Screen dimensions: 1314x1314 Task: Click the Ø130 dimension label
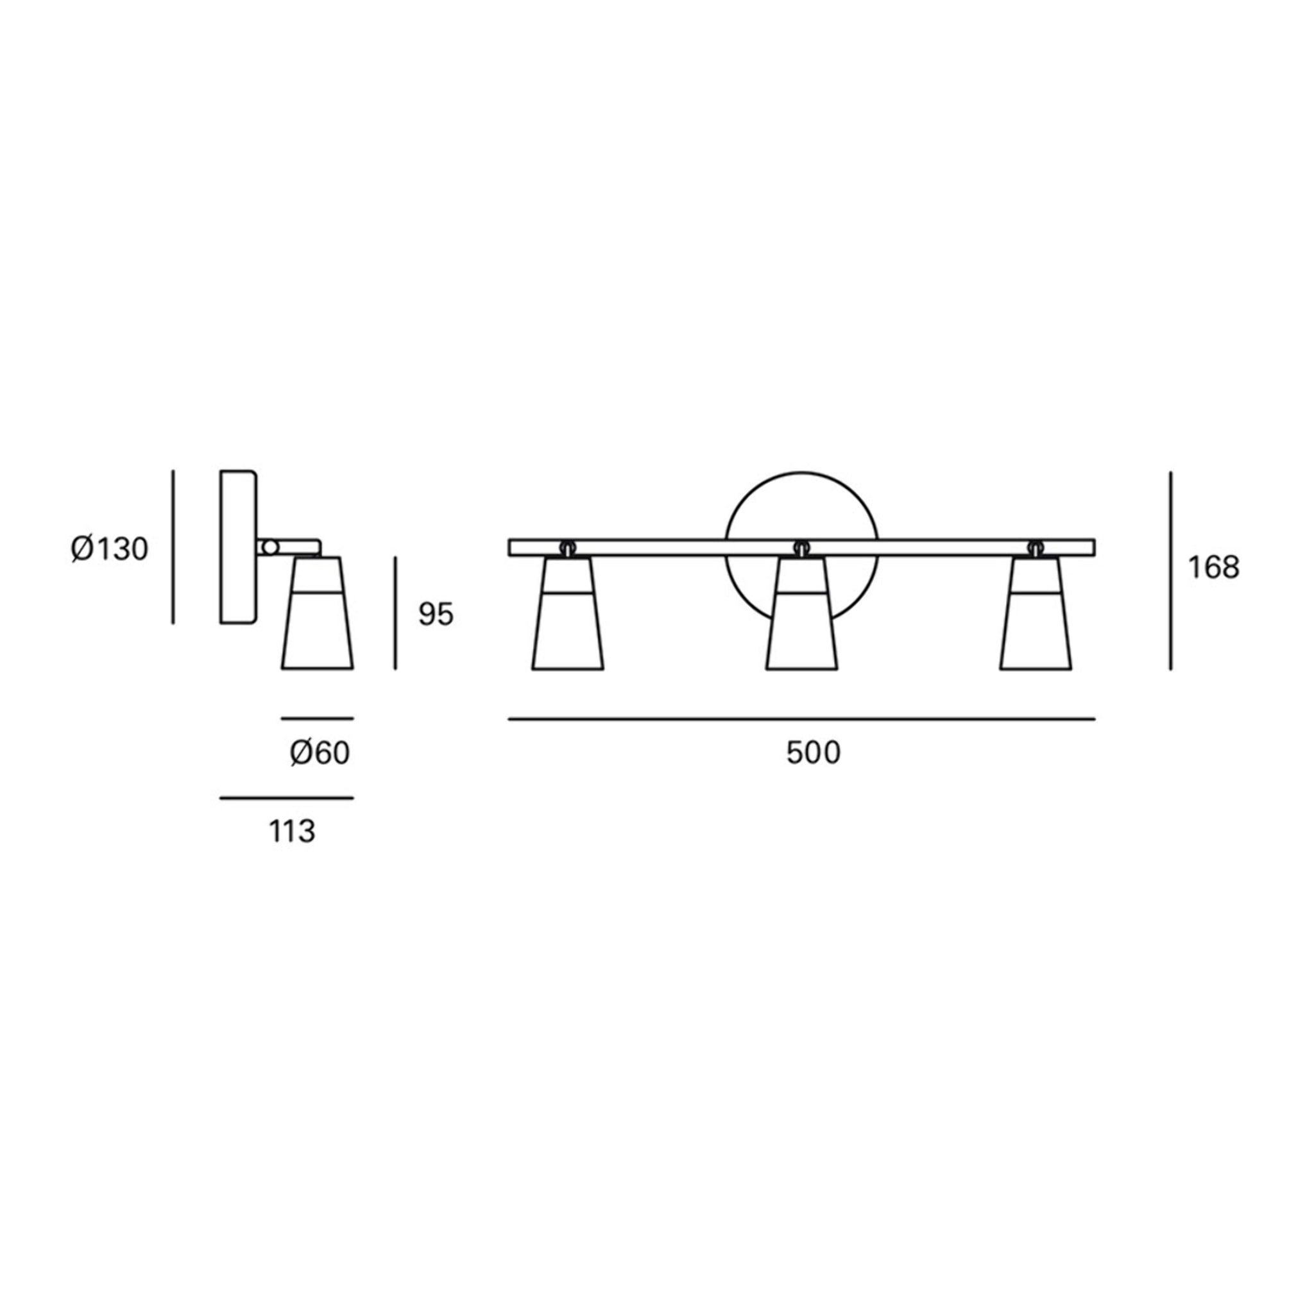[x=110, y=549]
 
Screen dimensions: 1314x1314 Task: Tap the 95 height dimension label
[x=435, y=614]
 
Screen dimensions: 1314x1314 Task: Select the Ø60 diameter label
[x=320, y=753]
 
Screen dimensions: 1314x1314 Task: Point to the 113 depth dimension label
[x=293, y=831]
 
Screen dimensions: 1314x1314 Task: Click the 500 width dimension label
[x=814, y=752]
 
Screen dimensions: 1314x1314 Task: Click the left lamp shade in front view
[x=568, y=614]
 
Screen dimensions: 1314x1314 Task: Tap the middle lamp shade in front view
[x=802, y=614]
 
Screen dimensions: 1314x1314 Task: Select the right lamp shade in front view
[x=1036, y=614]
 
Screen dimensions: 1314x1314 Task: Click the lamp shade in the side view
[x=318, y=613]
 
